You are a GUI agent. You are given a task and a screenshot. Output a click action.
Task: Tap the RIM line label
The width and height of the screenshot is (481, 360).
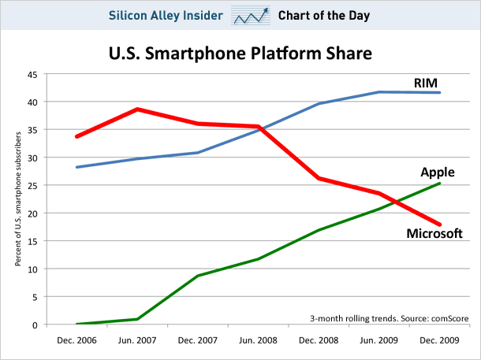point(426,83)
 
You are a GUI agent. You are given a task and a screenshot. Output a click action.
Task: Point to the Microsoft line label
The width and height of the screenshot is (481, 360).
point(434,233)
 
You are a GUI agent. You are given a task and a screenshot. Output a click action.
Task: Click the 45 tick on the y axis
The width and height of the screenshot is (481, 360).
point(32,75)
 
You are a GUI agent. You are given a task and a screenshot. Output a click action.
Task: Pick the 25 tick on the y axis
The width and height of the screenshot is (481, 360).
point(32,186)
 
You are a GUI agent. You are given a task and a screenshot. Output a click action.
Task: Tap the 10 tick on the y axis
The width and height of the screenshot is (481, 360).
point(32,269)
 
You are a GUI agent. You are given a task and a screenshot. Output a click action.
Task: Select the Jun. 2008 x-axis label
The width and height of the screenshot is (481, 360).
point(257,340)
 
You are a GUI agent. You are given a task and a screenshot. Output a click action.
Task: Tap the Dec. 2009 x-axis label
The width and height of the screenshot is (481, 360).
point(439,340)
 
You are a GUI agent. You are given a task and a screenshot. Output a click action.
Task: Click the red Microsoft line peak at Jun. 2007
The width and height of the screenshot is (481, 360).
point(136,109)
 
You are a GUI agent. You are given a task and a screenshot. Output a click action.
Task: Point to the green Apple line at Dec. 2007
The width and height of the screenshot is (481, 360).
point(197,276)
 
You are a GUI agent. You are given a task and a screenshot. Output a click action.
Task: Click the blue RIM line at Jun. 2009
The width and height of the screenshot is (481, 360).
point(379,92)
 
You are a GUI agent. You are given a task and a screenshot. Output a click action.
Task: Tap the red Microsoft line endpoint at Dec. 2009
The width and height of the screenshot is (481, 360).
point(440,225)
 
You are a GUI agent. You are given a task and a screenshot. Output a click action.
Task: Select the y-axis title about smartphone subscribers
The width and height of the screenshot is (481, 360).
point(17,199)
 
